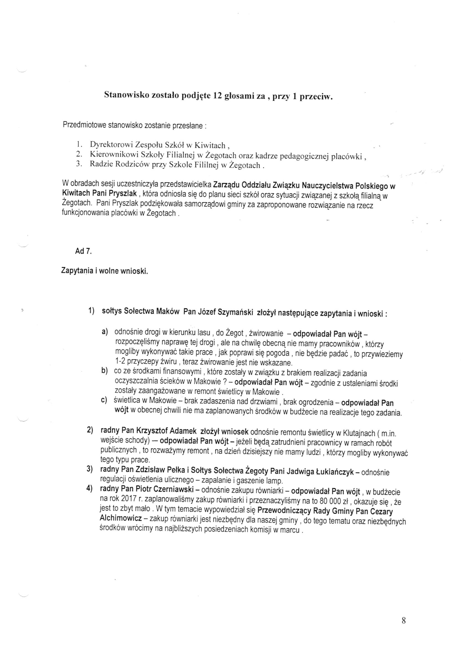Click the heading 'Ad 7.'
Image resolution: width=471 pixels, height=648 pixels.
tap(83, 251)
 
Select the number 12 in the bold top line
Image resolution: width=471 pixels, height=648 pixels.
tap(218, 96)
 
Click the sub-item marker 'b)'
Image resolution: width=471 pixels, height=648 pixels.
tap(104, 371)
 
